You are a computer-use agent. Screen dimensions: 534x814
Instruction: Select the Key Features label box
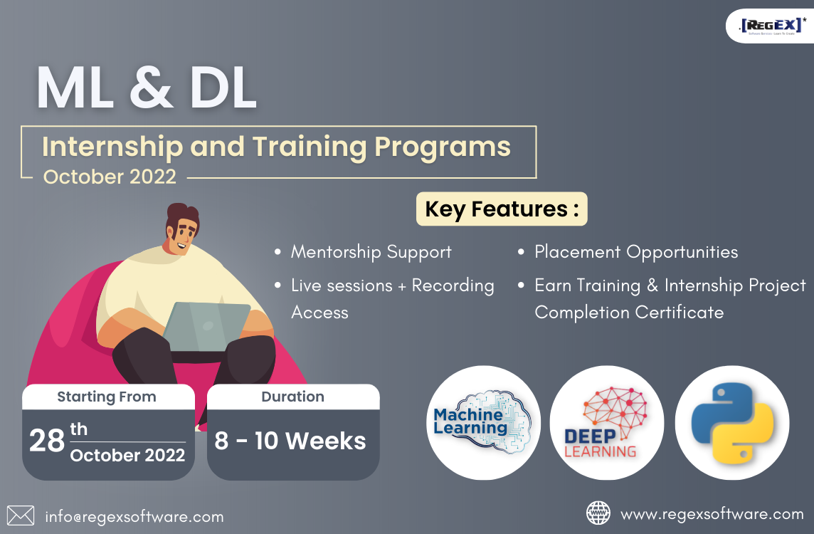[502, 209]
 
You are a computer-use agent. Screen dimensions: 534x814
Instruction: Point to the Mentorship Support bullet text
[371, 252]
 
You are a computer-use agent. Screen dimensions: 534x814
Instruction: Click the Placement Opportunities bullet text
[636, 252]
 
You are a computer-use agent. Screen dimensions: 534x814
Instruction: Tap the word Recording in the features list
[453, 286]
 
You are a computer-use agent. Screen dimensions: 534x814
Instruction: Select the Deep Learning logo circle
[607, 422]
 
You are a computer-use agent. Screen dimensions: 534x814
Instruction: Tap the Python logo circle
[732, 422]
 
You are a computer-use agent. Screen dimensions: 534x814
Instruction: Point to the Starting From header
[107, 397]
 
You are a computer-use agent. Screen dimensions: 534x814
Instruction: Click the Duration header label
[293, 397]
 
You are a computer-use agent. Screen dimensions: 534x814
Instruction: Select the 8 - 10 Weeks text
[290, 441]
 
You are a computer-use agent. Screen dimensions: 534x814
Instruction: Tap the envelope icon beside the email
[21, 515]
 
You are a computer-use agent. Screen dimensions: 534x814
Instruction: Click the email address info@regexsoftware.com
[134, 517]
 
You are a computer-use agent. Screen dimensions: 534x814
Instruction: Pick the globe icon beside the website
[598, 513]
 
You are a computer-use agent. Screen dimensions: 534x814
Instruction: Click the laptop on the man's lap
[206, 326]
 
